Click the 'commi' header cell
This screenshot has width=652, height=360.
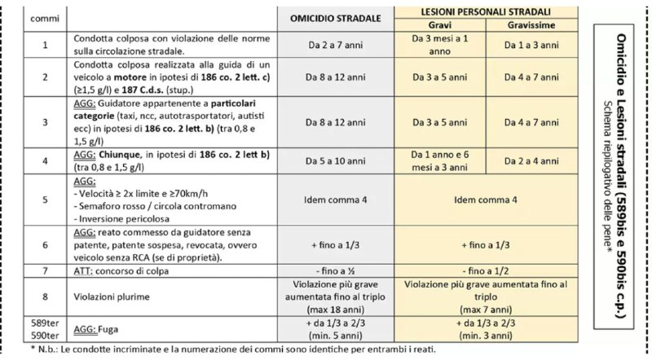33,16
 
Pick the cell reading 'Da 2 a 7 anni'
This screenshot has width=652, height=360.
337,46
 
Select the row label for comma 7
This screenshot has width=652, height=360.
33,270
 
